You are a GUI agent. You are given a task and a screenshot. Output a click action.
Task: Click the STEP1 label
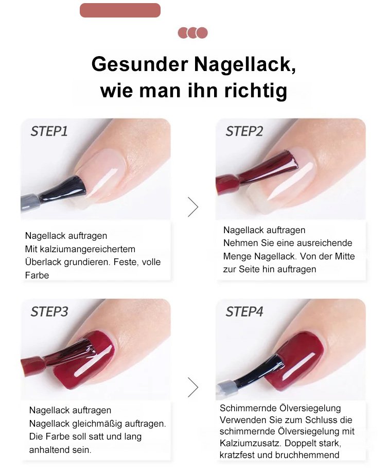pos(49,131)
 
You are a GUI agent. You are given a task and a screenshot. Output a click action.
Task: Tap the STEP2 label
pos(244,131)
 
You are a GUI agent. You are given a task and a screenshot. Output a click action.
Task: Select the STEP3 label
pos(49,311)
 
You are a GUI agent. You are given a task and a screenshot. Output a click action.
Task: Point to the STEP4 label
pos(244,311)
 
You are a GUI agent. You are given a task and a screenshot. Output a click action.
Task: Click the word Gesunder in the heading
pos(140,64)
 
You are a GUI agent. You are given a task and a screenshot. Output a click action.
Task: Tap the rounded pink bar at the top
pos(120,10)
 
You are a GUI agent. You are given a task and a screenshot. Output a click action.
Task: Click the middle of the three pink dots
pos(192,32)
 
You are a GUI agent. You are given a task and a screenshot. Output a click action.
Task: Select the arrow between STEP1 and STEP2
pos(193,207)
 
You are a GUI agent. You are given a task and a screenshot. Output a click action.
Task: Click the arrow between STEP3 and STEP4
pos(193,387)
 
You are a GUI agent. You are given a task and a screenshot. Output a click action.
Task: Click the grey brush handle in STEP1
pos(30,202)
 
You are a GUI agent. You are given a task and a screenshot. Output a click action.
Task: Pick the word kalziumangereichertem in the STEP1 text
pos(87,249)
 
